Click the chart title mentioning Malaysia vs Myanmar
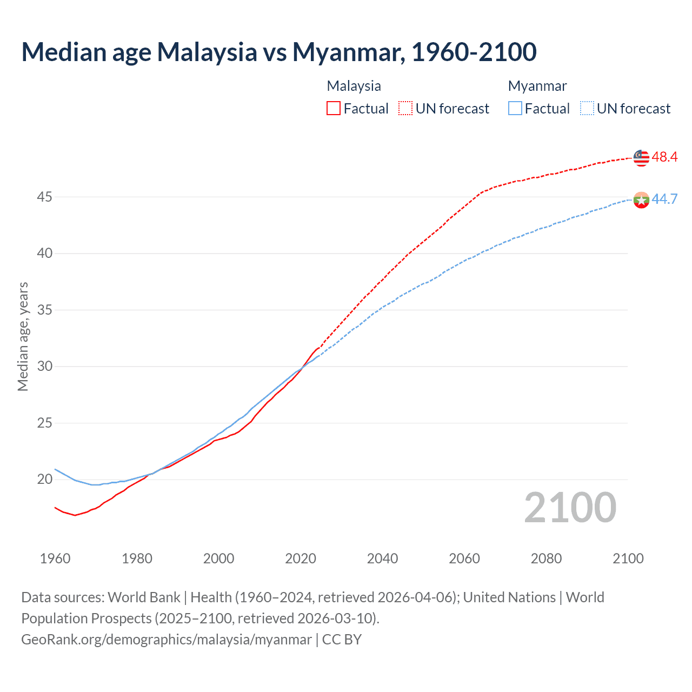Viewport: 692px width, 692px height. click(x=279, y=52)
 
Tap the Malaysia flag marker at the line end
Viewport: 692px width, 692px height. click(x=641, y=157)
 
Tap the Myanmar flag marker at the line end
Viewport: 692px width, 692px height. click(x=641, y=199)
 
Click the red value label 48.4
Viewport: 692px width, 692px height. click(x=664, y=157)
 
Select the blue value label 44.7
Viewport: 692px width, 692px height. click(x=664, y=199)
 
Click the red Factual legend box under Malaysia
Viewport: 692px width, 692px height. click(x=334, y=109)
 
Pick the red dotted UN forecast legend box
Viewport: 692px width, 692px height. click(x=405, y=109)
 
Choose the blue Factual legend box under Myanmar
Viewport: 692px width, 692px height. click(x=515, y=109)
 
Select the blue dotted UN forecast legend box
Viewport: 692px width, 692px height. click(x=587, y=109)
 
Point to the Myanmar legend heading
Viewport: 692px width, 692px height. click(x=537, y=86)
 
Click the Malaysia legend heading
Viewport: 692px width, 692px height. click(x=354, y=86)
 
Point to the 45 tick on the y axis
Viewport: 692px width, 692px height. click(x=44, y=197)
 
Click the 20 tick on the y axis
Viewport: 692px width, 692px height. click(x=44, y=480)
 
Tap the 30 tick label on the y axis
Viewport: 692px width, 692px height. click(x=44, y=367)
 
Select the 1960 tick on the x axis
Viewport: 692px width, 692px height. click(x=55, y=558)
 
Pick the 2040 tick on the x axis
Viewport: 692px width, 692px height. click(x=382, y=558)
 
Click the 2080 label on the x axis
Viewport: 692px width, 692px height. click(x=546, y=558)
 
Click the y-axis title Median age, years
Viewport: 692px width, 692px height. click(x=23, y=336)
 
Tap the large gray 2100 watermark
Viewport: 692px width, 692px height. click(x=570, y=508)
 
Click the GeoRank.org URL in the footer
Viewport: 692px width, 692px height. click(x=167, y=640)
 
